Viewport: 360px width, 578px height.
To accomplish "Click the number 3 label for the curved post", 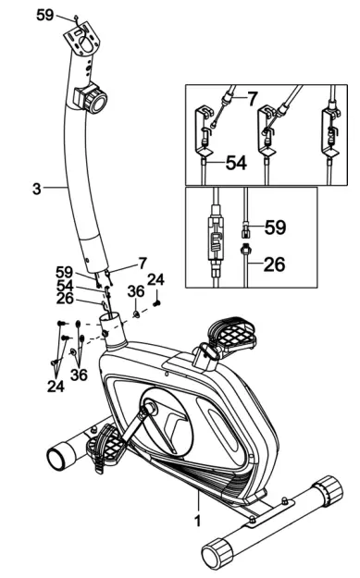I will pos(36,189).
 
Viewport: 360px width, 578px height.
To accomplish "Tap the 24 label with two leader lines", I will pos(56,386).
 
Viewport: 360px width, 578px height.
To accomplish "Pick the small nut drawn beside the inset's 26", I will pos(246,251).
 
